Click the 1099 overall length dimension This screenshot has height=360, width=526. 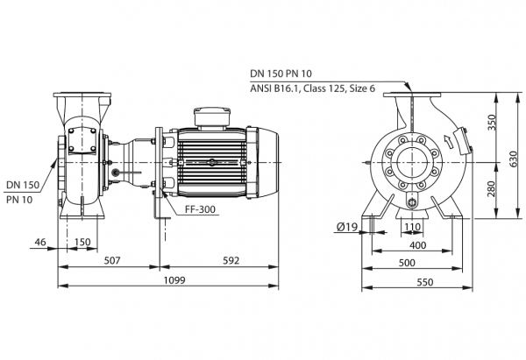(x=174, y=279)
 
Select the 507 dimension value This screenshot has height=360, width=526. (x=111, y=260)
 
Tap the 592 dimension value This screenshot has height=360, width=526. (x=231, y=260)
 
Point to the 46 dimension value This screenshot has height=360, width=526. (x=40, y=242)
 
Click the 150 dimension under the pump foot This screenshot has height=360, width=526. (x=82, y=242)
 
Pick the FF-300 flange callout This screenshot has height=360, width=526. (x=200, y=209)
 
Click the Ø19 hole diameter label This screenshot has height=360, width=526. (x=347, y=227)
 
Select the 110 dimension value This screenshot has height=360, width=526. (x=412, y=227)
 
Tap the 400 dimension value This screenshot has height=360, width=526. (x=417, y=245)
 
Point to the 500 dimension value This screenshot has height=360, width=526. (x=407, y=263)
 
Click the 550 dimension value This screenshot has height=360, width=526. (x=425, y=282)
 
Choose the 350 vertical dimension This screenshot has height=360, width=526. (x=492, y=123)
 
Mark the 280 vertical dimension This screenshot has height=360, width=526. (x=492, y=189)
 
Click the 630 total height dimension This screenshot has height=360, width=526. (x=514, y=159)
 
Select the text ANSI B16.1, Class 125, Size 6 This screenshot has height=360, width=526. (x=313, y=88)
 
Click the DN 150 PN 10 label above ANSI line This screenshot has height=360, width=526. (x=281, y=74)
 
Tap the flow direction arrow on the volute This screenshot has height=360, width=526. (x=448, y=141)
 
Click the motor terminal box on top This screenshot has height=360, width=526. (x=212, y=117)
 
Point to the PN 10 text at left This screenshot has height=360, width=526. (x=19, y=200)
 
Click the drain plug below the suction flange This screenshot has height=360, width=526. (x=412, y=201)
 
